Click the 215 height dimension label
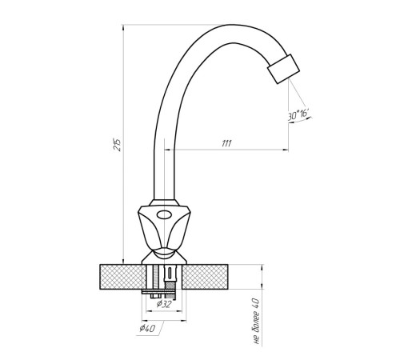click(x=118, y=145)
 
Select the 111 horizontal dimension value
click(x=226, y=144)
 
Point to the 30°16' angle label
click(x=298, y=115)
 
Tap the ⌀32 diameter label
click(x=163, y=304)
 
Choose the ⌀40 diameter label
click(x=147, y=328)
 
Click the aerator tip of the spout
click(x=283, y=69)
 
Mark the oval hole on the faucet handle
click(x=164, y=214)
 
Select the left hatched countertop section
click(x=121, y=277)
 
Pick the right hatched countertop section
click(x=205, y=277)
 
